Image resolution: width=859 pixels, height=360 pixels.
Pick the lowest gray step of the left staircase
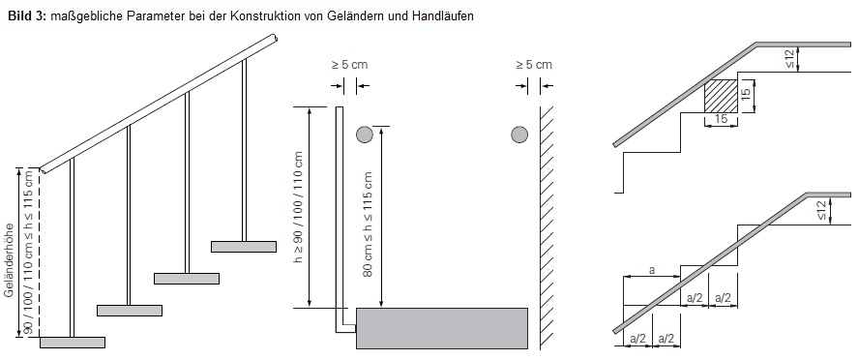tap(73, 342)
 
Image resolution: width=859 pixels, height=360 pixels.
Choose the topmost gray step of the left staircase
tap(244, 247)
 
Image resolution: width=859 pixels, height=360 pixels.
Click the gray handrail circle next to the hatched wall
tap(519, 134)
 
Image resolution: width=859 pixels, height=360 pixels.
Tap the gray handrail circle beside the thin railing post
tap(364, 134)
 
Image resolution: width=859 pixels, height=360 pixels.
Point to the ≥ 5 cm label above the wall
tap(533, 65)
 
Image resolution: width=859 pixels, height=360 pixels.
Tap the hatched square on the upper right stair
tap(721, 97)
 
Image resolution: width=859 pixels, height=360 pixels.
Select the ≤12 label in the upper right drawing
tap(789, 59)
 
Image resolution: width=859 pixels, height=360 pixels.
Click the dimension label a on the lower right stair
tap(651, 272)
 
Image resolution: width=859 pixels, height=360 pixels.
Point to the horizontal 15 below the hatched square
tap(722, 120)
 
